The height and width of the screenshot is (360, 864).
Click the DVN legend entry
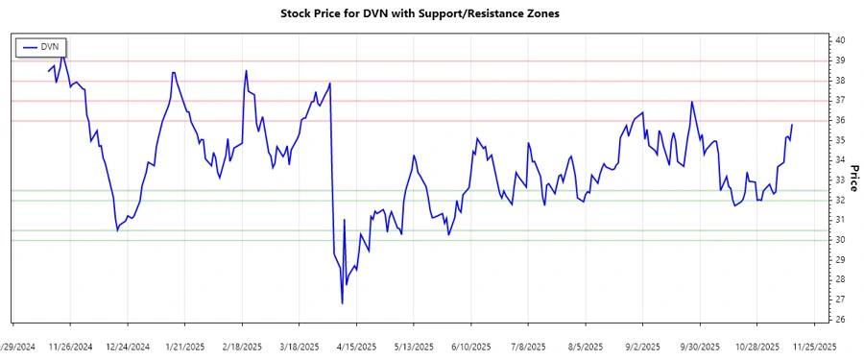(x=41, y=45)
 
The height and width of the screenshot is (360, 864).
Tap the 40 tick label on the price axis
(x=840, y=40)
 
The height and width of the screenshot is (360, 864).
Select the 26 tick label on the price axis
(x=840, y=320)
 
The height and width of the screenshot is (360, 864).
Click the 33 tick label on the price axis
(x=840, y=180)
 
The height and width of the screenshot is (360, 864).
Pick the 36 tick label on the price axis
(x=840, y=120)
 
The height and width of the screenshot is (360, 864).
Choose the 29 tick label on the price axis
(x=840, y=260)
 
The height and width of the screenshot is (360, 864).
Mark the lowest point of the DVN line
(x=343, y=304)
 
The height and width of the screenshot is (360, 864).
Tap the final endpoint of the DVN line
(x=792, y=125)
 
